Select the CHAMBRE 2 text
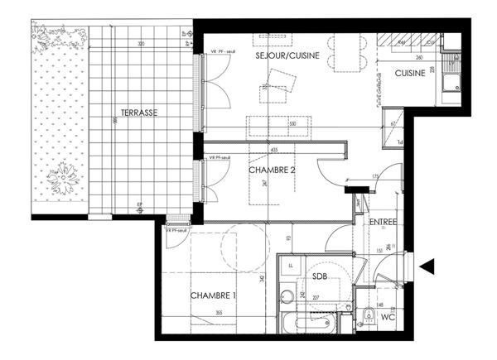(x=273, y=170)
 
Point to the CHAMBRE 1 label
(x=215, y=295)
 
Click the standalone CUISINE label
(x=410, y=74)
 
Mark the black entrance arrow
(x=427, y=266)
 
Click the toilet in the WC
(x=365, y=314)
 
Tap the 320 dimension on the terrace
(x=141, y=43)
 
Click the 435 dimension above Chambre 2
(x=274, y=149)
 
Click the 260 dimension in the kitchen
(x=417, y=58)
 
